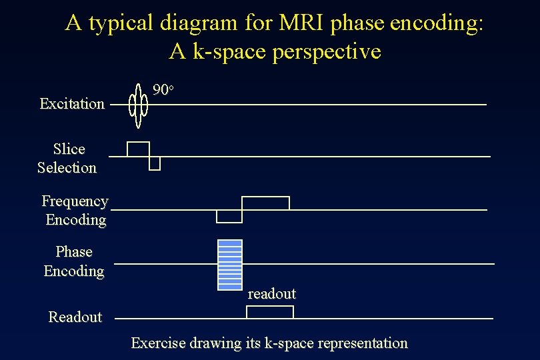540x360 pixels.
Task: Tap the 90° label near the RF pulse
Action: tap(163, 89)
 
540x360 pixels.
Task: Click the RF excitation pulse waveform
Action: tap(138, 105)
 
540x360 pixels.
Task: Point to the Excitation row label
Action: tap(72, 103)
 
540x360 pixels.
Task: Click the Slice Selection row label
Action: tap(67, 158)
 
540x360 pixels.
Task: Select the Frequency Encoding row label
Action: tap(75, 210)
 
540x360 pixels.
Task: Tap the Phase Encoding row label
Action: tap(74, 261)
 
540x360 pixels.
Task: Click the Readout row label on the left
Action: tap(75, 317)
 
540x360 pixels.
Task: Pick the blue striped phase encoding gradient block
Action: tap(230, 265)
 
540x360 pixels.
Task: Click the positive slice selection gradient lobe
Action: tap(138, 149)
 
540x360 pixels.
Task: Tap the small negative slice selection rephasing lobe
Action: tap(155, 163)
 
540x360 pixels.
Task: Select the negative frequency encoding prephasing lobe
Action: tap(229, 216)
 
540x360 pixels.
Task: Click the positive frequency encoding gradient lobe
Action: tap(265, 203)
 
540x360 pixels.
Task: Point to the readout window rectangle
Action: tap(270, 312)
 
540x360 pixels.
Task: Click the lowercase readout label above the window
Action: tap(272, 293)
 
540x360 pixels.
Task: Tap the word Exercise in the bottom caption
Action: tap(158, 343)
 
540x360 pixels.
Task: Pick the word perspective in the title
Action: tap(327, 51)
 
